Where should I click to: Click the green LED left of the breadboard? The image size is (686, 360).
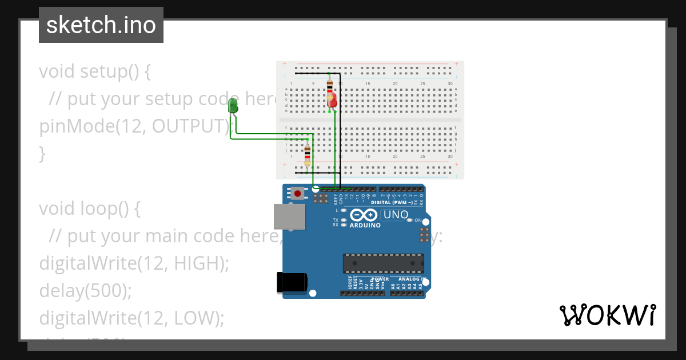(x=233, y=106)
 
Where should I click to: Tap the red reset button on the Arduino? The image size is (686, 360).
(x=297, y=193)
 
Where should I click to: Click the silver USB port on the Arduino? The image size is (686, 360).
(x=289, y=217)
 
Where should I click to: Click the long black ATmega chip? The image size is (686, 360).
(x=384, y=263)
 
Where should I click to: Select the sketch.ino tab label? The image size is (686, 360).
(x=101, y=25)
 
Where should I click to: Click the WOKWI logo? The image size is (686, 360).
(x=607, y=315)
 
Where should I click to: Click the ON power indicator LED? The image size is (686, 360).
(x=410, y=220)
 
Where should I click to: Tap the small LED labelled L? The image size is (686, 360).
(x=344, y=210)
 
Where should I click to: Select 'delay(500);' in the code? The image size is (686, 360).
(x=85, y=291)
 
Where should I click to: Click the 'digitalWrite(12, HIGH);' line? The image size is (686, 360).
(x=134, y=263)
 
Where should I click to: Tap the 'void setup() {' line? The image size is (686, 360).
(x=95, y=71)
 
